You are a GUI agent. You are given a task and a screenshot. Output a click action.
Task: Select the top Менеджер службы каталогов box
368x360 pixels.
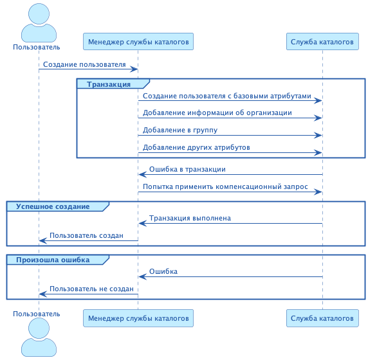138,42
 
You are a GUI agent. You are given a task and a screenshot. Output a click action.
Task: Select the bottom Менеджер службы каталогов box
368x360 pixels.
138,318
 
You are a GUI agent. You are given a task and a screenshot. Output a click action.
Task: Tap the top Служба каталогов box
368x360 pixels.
322,42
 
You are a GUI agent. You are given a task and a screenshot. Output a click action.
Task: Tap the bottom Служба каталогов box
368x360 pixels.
322,318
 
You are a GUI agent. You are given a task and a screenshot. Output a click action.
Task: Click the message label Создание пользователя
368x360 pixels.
84,65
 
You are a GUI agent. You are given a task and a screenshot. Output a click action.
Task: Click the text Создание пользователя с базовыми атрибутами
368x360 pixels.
227,96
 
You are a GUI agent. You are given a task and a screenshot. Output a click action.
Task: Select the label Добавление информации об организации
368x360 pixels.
217,113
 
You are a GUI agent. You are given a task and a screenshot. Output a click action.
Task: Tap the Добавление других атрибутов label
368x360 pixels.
196,148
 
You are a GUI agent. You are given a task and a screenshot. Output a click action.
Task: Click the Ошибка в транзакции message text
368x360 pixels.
187,170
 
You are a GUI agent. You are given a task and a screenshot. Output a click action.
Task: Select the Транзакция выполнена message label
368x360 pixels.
190,219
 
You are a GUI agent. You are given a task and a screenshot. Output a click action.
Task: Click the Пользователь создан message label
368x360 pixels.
86,236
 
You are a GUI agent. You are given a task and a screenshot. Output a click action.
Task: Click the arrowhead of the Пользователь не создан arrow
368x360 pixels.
42,294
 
